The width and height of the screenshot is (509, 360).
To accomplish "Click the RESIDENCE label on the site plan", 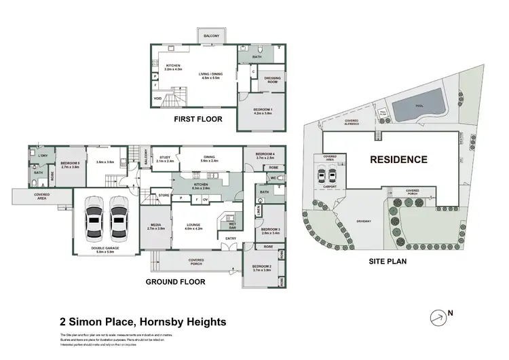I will coord(398,160).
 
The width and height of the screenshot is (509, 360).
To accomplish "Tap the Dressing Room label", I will coord(271,80).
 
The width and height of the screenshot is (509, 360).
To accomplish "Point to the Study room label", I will coord(165,158).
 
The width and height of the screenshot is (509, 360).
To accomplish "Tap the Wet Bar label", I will coord(231,225).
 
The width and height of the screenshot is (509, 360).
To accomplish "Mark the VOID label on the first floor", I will coord(157,99).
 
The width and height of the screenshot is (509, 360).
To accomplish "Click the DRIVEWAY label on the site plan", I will coord(364,221).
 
